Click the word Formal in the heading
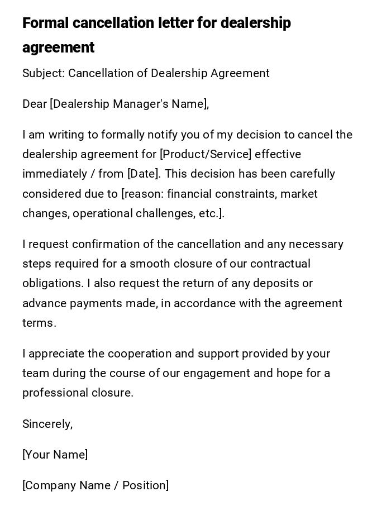coord(45,23)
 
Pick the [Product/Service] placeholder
coord(206,155)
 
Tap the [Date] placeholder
coord(144,174)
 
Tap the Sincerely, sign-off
coord(47,424)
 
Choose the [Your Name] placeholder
coord(55,455)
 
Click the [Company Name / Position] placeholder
coord(96,486)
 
